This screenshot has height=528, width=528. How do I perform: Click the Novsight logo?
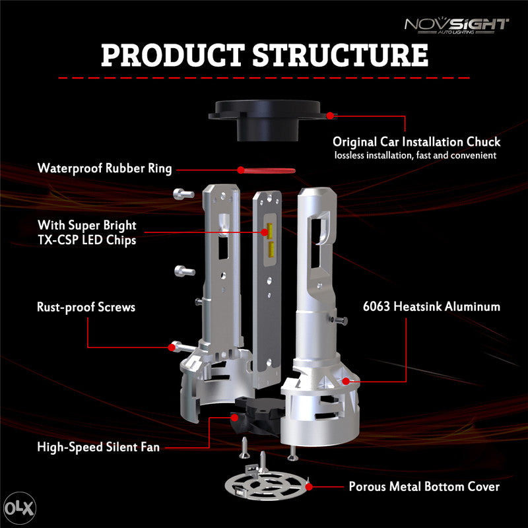(x=456, y=26)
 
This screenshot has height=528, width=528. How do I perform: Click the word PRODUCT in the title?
(x=173, y=55)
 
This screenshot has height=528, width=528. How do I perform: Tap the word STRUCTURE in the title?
(x=340, y=55)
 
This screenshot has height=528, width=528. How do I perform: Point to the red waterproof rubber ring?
(x=268, y=171)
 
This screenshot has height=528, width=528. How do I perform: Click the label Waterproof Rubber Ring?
(x=104, y=168)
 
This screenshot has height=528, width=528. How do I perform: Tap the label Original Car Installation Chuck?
(x=416, y=142)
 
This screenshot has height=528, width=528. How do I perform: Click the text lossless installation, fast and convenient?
(x=416, y=156)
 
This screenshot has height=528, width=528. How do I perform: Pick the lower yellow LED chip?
(x=271, y=248)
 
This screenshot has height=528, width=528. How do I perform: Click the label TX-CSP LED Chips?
(x=87, y=240)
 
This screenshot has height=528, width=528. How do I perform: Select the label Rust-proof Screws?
(x=86, y=308)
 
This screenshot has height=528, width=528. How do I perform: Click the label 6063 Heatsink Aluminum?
(x=432, y=306)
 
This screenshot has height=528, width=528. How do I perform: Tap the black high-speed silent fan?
(x=257, y=415)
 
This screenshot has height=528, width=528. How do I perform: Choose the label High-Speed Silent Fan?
(x=98, y=447)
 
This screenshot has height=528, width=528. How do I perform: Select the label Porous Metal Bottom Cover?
(x=424, y=486)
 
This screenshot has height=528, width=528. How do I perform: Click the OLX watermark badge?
(x=20, y=508)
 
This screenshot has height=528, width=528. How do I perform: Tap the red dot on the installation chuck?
(x=330, y=116)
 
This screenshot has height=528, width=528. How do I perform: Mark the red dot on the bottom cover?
(x=309, y=486)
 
